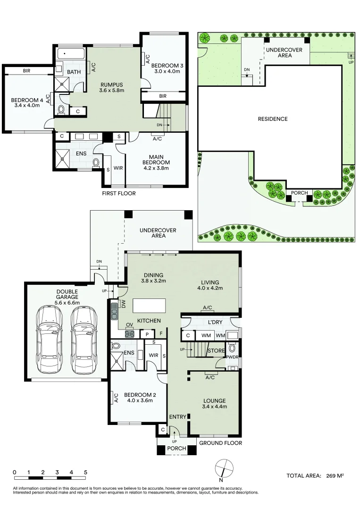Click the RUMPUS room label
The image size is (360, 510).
pyautogui.click(x=112, y=85)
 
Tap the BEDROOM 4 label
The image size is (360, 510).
pyautogui.click(x=27, y=100)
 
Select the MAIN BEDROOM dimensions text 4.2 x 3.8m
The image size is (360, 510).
pyautogui.click(x=156, y=168)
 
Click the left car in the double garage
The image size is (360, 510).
pyautogui.click(x=50, y=340)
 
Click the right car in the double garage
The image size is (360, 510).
pyautogui.click(x=84, y=340)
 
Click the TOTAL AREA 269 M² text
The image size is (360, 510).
pyautogui.click(x=315, y=476)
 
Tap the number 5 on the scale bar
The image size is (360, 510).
pyautogui.click(x=85, y=472)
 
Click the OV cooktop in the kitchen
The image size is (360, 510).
pyautogui.click(x=129, y=333)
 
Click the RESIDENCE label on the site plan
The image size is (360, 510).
pyautogui.click(x=273, y=119)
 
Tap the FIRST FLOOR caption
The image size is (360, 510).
pyautogui.click(x=119, y=193)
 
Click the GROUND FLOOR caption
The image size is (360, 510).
pyautogui.click(x=221, y=442)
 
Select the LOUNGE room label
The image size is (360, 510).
pyautogui.click(x=214, y=401)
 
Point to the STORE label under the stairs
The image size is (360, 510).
pyautogui.click(x=216, y=350)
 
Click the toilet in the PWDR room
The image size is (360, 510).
pyautogui.click(x=232, y=348)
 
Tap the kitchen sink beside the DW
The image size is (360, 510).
pyautogui.click(x=114, y=311)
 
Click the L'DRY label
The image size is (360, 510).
pyautogui.click(x=215, y=322)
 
